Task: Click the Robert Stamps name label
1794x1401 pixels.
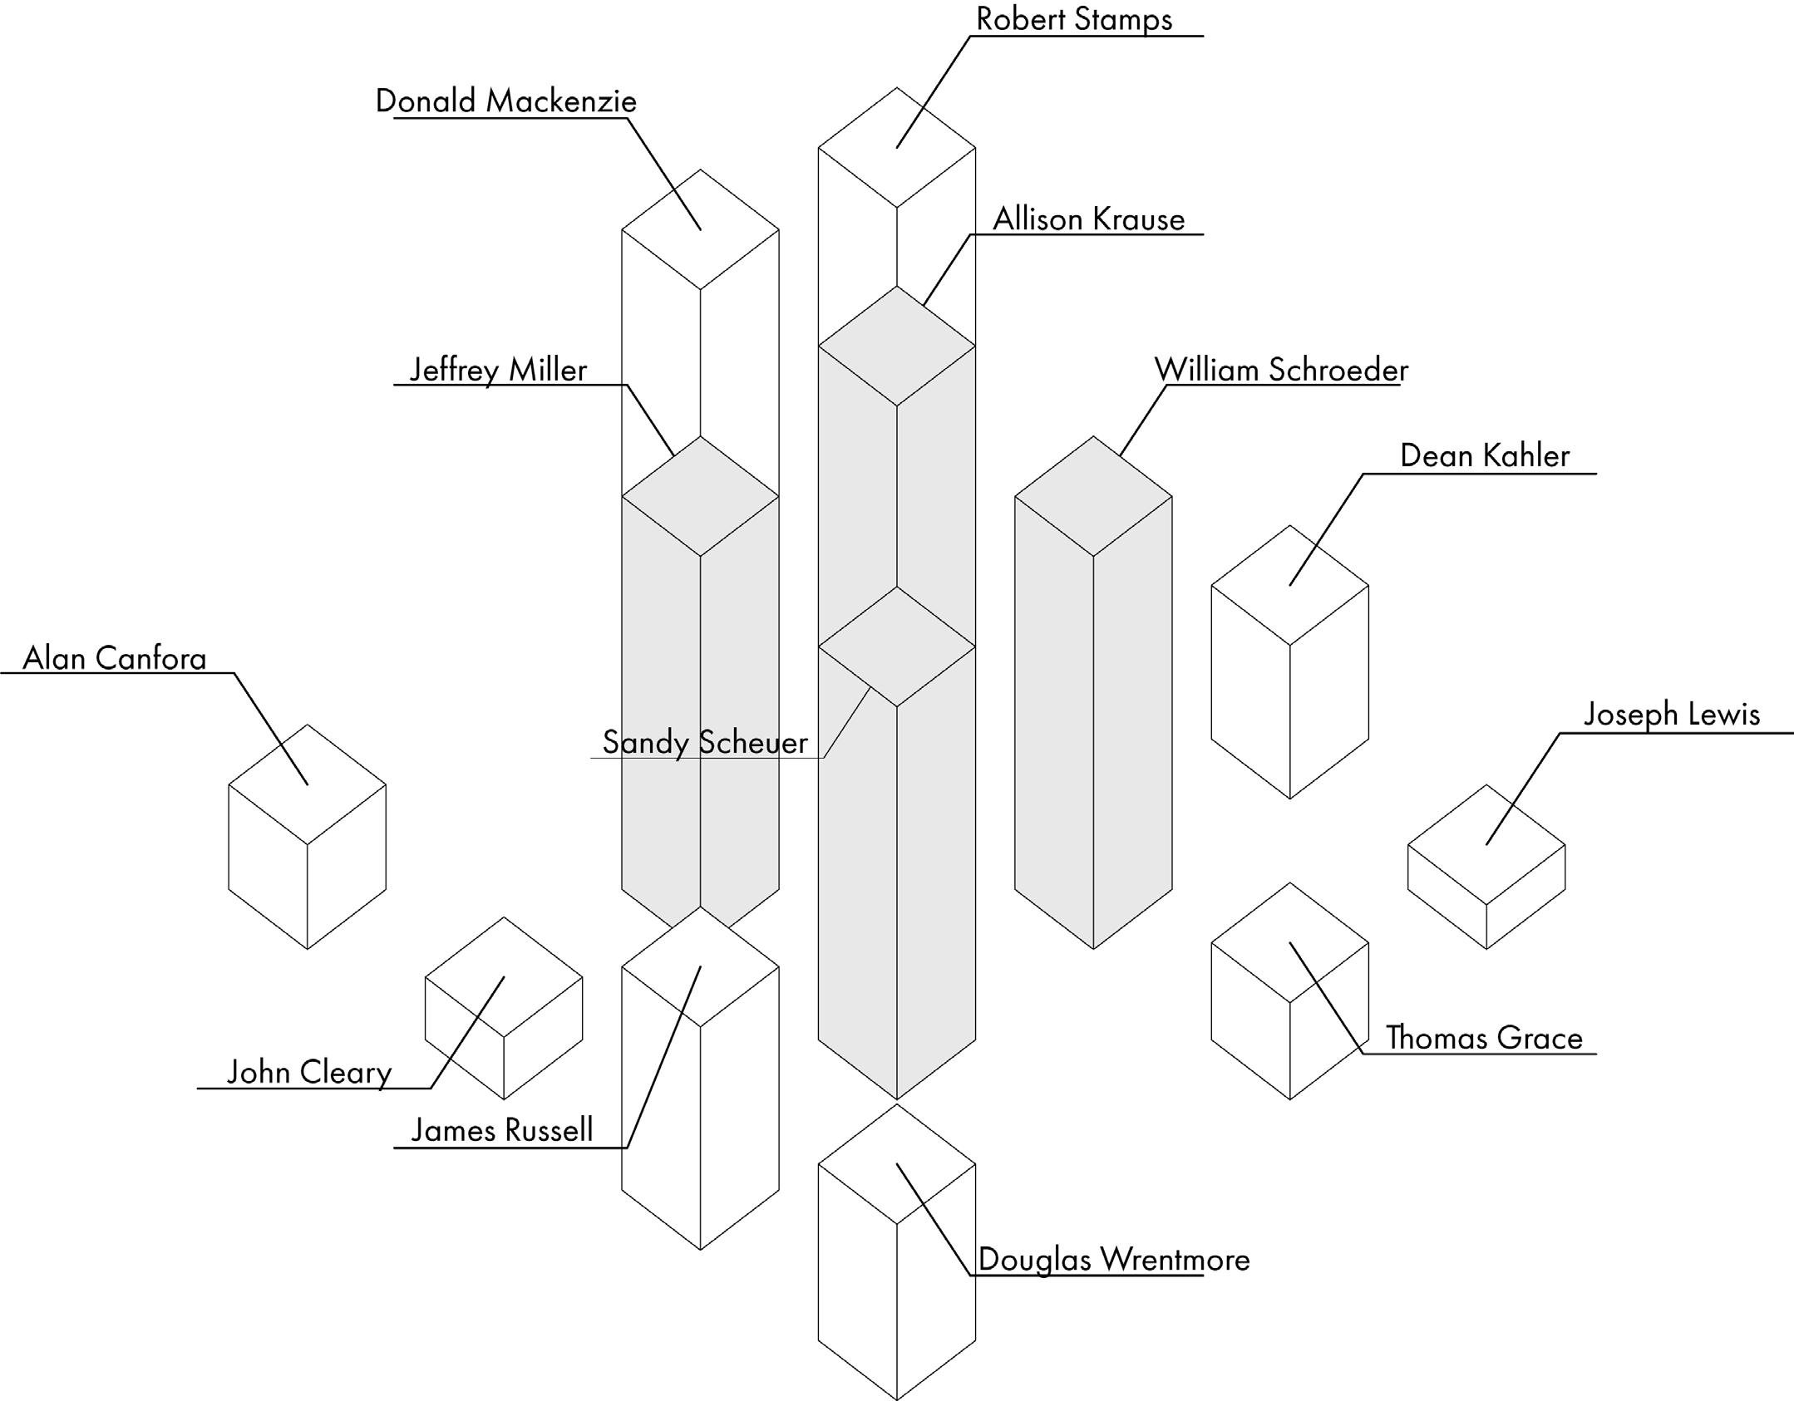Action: pyautogui.click(x=1073, y=19)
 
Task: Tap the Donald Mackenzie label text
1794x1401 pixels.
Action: pyautogui.click(x=505, y=101)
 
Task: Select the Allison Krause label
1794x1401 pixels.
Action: pyautogui.click(x=1088, y=219)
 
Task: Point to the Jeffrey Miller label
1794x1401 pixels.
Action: pyautogui.click(x=498, y=370)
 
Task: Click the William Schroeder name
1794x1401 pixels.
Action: pyautogui.click(x=1281, y=370)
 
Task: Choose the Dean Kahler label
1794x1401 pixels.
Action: pyautogui.click(x=1484, y=455)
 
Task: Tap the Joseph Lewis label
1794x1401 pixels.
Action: pyautogui.click(x=1671, y=715)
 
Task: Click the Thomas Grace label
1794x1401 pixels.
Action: pyautogui.click(x=1484, y=1038)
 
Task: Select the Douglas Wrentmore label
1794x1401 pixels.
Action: pyautogui.click(x=1113, y=1260)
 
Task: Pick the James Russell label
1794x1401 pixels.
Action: pyautogui.click(x=502, y=1130)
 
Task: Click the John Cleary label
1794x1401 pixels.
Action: pyautogui.click(x=309, y=1072)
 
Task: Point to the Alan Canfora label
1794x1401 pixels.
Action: pyautogui.click(x=115, y=658)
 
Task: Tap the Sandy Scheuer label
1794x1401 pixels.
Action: pyautogui.click(x=705, y=742)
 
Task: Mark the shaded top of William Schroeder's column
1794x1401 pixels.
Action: pyautogui.click(x=1093, y=496)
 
